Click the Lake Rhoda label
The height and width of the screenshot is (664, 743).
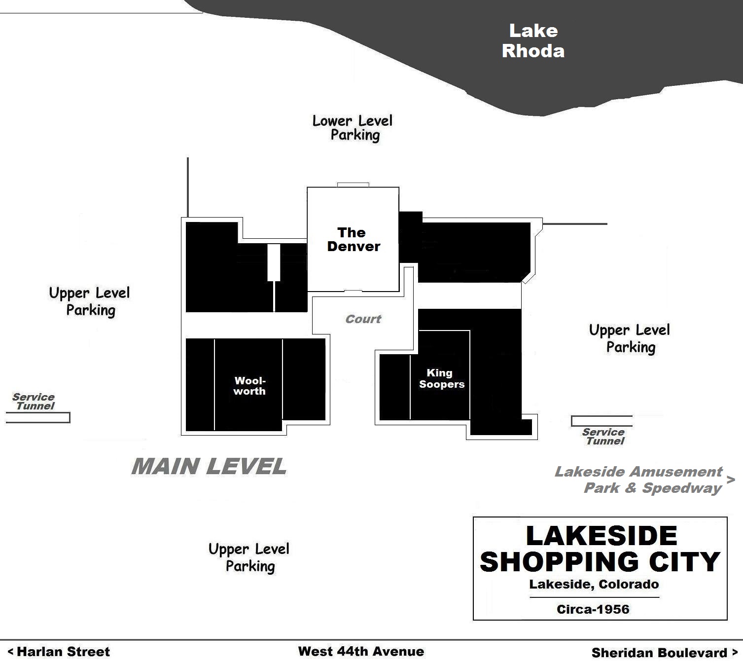(x=533, y=41)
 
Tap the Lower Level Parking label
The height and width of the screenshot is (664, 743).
(x=353, y=128)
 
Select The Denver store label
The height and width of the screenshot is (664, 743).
(x=353, y=239)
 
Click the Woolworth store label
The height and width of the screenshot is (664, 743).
(x=249, y=386)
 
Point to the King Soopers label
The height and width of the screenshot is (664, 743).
(x=442, y=378)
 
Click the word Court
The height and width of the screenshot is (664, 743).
(x=363, y=319)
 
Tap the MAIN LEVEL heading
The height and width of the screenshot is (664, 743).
(x=209, y=467)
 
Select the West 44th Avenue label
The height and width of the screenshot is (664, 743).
(x=361, y=651)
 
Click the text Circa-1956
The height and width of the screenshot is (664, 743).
(x=593, y=609)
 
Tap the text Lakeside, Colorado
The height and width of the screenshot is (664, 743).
(x=594, y=584)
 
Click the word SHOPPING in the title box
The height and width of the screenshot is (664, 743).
(x=559, y=562)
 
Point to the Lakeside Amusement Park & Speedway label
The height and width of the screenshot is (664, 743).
(x=638, y=480)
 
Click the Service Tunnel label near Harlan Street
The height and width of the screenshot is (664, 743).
(x=34, y=401)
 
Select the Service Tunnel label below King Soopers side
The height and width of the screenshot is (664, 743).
(x=603, y=437)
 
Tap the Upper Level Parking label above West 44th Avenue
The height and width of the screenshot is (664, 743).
(x=249, y=557)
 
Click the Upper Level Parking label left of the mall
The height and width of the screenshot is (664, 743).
(x=89, y=301)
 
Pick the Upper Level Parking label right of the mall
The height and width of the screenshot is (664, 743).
(x=630, y=338)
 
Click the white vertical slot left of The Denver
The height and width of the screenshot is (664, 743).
(x=274, y=262)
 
